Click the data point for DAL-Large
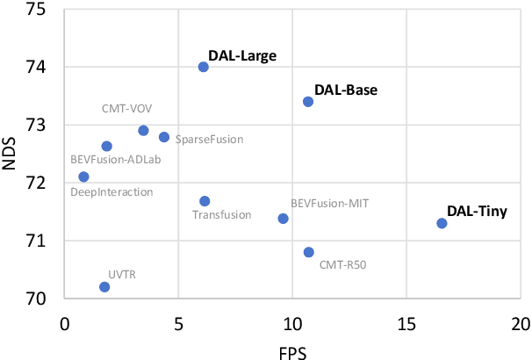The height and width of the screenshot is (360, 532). click(204, 67)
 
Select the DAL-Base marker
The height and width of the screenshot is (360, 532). click(308, 102)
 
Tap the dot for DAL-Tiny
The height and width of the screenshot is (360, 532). click(442, 223)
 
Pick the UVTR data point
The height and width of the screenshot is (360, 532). click(104, 287)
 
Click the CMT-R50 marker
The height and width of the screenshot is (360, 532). click(308, 252)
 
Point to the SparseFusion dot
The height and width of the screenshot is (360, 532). click(164, 137)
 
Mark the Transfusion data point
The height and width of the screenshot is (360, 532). click(205, 201)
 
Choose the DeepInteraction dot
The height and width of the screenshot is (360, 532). click(83, 176)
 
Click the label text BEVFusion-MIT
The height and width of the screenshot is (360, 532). click(329, 204)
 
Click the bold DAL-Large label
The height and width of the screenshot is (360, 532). click(242, 56)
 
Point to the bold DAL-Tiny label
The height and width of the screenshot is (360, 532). click(477, 211)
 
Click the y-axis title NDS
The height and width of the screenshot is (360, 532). click(11, 155)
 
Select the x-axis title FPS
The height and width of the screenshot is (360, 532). click(292, 349)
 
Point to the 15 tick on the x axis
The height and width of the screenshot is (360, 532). click(406, 323)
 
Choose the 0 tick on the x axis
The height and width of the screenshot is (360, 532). click(64, 323)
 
